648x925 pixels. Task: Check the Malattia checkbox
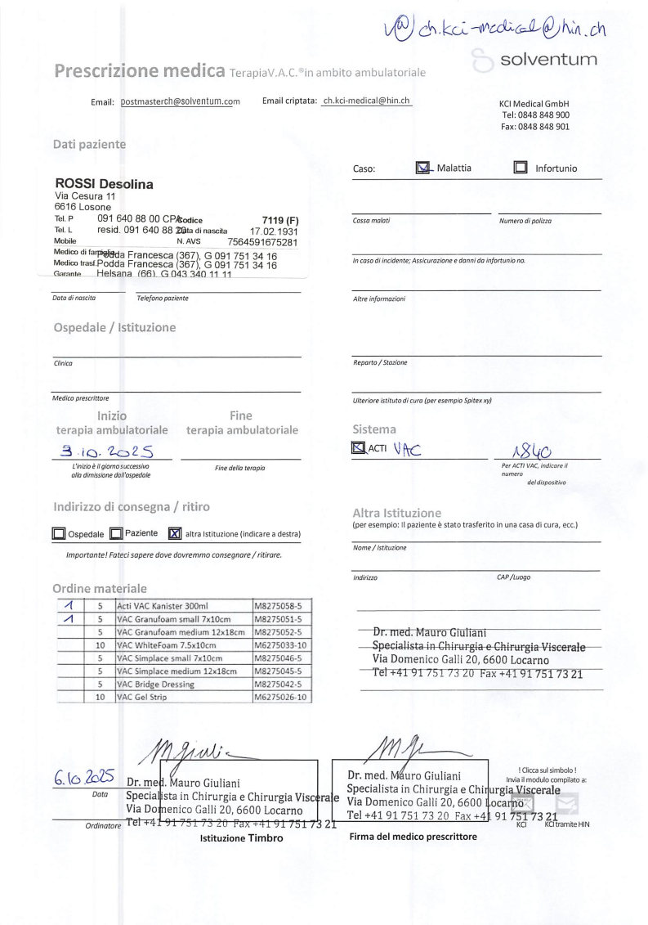(x=423, y=168)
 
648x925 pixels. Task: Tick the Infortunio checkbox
(x=521, y=168)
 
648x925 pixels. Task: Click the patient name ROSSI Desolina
(x=104, y=184)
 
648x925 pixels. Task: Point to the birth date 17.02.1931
(x=274, y=231)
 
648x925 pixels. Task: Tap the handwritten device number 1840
(x=530, y=451)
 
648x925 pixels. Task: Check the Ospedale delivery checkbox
(x=59, y=534)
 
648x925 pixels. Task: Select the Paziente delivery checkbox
(x=116, y=534)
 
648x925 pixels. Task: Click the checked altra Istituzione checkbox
(x=174, y=534)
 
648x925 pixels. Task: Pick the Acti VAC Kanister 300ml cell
(x=163, y=606)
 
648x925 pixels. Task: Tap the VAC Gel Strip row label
(x=142, y=697)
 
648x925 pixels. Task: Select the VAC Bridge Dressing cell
(x=154, y=684)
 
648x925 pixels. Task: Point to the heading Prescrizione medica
(x=140, y=71)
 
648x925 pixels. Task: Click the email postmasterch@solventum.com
(x=180, y=101)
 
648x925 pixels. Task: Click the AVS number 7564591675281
(x=263, y=242)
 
